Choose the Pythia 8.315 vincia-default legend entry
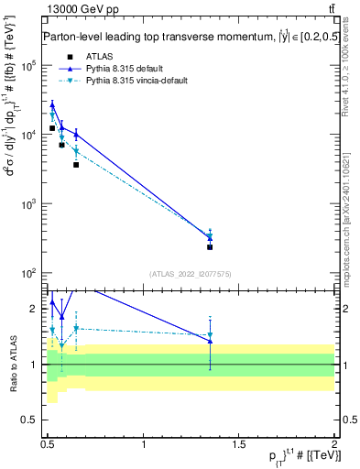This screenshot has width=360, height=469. pyautogui.click(x=128, y=81)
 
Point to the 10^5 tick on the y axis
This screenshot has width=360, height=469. pyautogui.click(x=29, y=66)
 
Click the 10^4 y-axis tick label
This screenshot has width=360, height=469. pyautogui.click(x=29, y=135)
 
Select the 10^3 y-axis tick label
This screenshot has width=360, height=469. pyautogui.click(x=29, y=203)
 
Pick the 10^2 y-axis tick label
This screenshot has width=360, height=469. pyautogui.click(x=29, y=273)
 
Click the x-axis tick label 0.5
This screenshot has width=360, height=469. pyautogui.click(x=48, y=443)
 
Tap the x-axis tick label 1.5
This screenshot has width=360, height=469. pyautogui.click(x=239, y=443)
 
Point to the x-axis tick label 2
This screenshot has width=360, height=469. pyautogui.click(x=334, y=443)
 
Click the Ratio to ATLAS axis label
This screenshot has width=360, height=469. pyautogui.click(x=12, y=364)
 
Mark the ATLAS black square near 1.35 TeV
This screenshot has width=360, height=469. pyautogui.click(x=210, y=247)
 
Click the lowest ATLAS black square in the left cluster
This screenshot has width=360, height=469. pyautogui.click(x=76, y=165)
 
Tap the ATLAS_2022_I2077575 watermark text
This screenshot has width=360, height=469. pyautogui.click(x=190, y=274)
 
